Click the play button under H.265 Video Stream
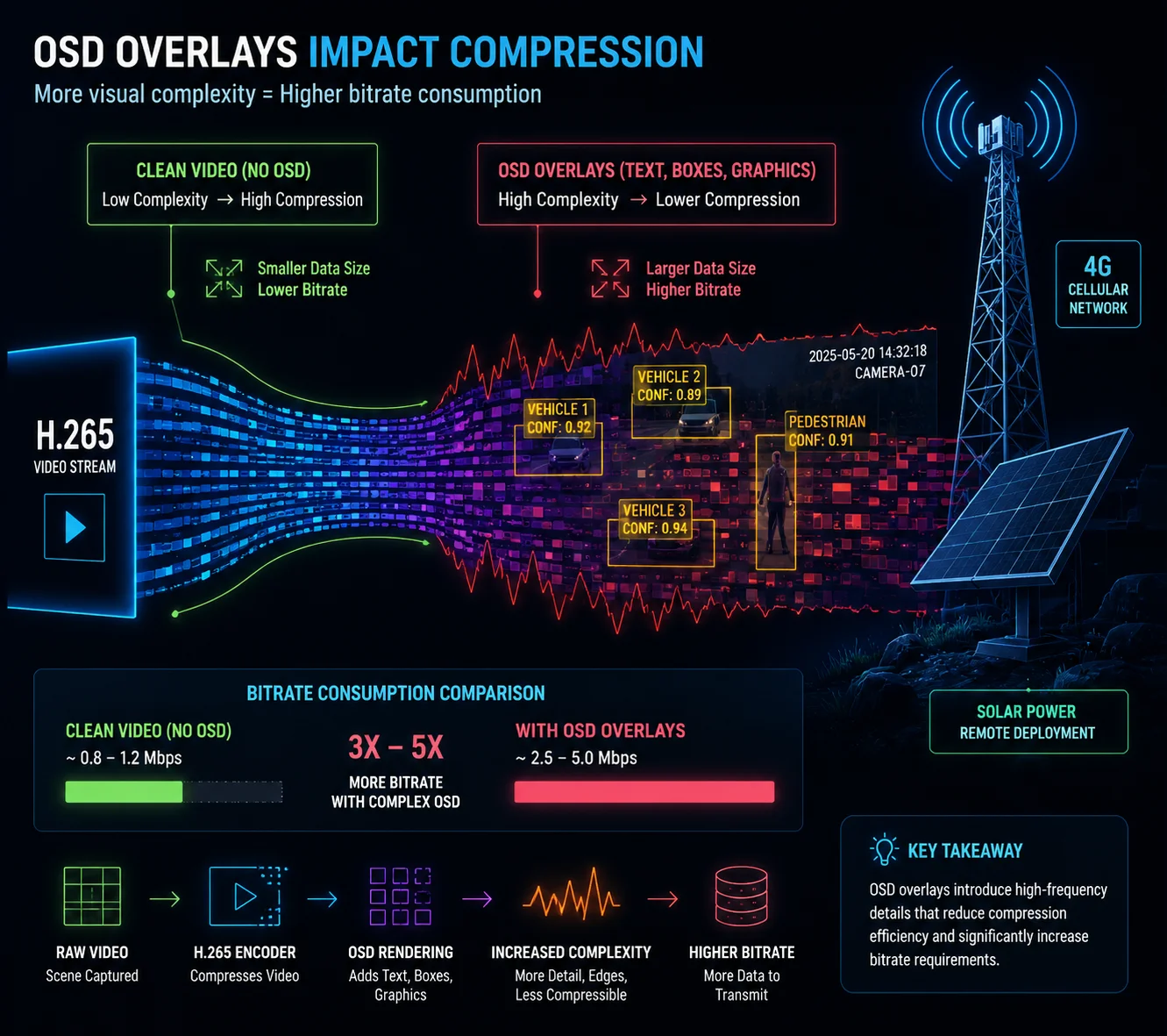[75, 526]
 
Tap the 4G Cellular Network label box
[1098, 284]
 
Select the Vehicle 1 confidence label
[559, 418]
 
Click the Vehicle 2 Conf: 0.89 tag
[669, 385]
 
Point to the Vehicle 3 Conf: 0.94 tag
[655, 519]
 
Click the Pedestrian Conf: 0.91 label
[827, 431]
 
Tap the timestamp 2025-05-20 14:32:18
[867, 354]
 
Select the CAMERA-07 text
[890, 372]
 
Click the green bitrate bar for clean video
[124, 791]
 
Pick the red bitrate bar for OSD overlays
[644, 791]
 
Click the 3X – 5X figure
[395, 747]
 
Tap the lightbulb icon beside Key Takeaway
[884, 850]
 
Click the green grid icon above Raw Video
[92, 896]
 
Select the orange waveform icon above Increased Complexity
[571, 896]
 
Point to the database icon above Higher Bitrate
[741, 896]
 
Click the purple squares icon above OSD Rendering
[401, 896]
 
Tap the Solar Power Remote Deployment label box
[1028, 721]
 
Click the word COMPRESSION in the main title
[576, 53]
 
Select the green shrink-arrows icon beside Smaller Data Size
[224, 278]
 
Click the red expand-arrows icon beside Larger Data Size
[610, 278]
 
